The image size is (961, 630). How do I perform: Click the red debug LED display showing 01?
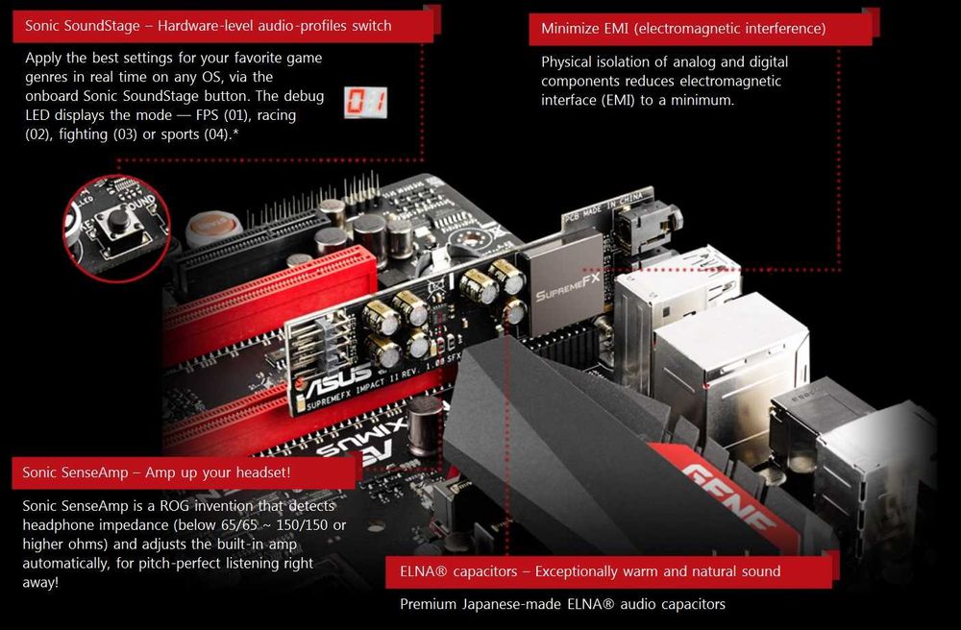tap(365, 103)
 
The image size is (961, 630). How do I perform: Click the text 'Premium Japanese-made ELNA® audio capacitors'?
tap(562, 604)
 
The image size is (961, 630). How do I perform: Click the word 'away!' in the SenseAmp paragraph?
tap(40, 582)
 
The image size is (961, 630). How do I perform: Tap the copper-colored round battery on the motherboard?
tap(212, 228)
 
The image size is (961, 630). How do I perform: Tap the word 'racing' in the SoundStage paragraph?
tap(275, 115)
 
